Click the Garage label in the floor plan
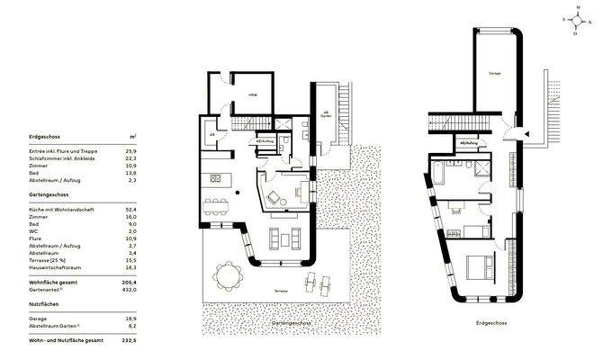494,72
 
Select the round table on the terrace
229,274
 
